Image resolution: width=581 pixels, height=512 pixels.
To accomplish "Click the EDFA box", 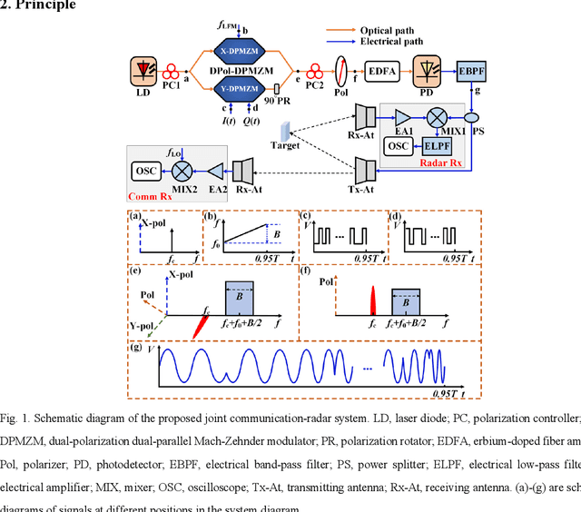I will click(382, 70).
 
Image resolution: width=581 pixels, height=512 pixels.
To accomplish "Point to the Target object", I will click(288, 132).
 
